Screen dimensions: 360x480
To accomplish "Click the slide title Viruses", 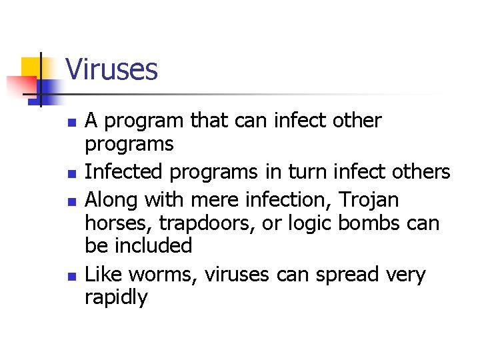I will click(111, 69).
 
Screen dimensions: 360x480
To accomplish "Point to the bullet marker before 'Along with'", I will click(74, 201).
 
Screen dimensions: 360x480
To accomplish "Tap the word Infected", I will click(125, 172).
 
